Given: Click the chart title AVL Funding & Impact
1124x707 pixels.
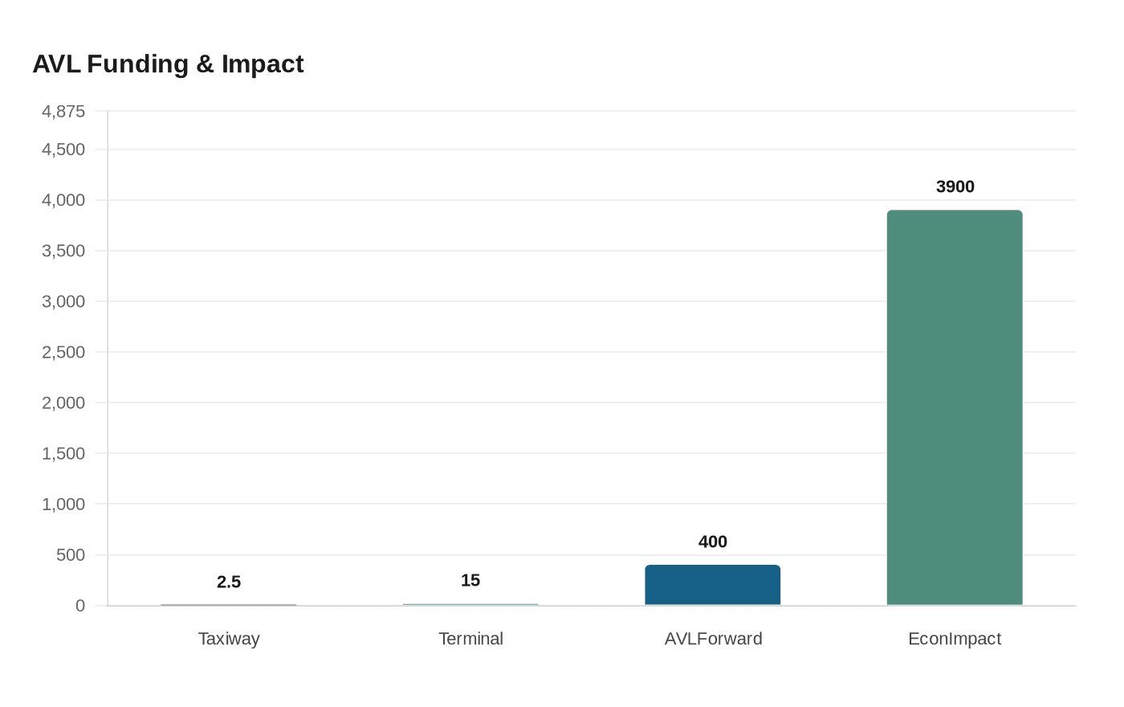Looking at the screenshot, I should coord(168,63).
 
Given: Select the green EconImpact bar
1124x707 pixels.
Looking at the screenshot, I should coord(954,407).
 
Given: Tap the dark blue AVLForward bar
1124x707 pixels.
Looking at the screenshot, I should coord(712,585).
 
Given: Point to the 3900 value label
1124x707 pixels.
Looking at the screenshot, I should coord(955,186).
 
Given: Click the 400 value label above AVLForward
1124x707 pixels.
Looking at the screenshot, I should coord(712,541).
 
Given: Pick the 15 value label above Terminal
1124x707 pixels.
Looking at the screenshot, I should coord(470,580).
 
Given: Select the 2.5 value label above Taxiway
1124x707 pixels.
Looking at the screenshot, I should coord(229,582).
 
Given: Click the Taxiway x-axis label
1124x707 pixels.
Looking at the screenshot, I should coord(229,639).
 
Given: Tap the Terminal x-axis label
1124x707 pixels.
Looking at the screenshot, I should coord(470,639).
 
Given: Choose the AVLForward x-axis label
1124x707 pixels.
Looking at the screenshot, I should coord(713,639).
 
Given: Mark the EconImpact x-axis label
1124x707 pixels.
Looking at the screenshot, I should coord(954,639).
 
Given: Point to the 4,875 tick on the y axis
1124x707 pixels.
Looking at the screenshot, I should coord(63,111).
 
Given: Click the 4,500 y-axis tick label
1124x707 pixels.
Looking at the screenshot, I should coord(63,149).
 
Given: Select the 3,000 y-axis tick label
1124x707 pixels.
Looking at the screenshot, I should coord(63,301).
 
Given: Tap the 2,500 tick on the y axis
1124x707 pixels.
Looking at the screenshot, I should coord(63,352).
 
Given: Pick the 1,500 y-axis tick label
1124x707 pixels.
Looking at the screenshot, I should coord(63,453).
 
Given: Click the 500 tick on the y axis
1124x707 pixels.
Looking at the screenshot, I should coord(70,555).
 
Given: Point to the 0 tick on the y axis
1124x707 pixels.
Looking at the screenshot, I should coord(79,606).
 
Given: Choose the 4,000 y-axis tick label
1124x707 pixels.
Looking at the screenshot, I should coord(63,200).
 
